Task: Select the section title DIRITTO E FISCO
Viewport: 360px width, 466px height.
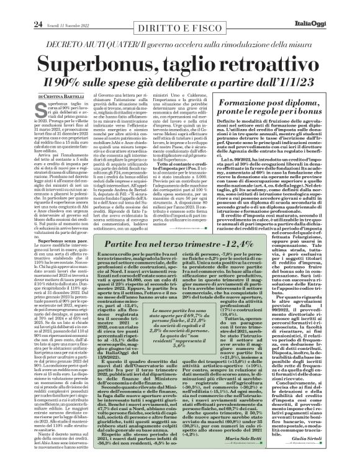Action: coord(180,9)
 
